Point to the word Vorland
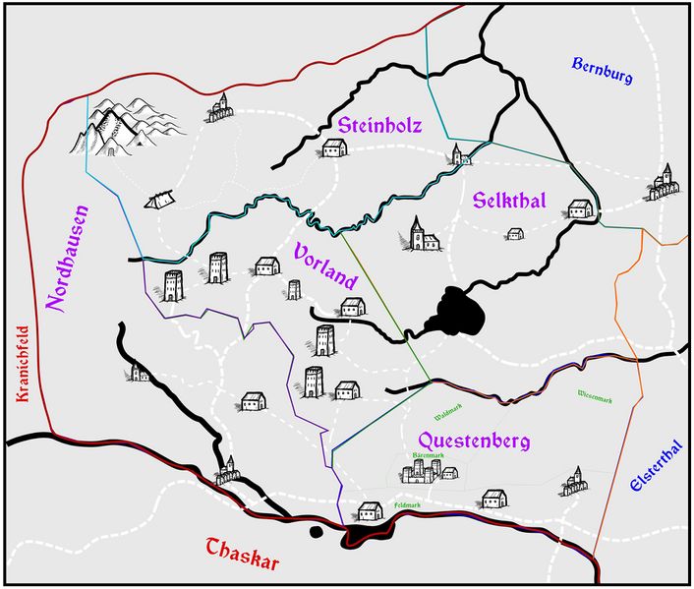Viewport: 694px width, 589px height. coord(325,265)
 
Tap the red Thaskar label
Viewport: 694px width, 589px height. coord(243,555)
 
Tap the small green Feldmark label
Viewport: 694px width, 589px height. coord(408,504)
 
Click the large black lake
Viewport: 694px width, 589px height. coord(456,313)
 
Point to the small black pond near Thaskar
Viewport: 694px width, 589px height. coord(316,533)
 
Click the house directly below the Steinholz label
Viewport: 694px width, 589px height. coord(335,148)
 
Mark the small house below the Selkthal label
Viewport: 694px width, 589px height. coord(514,234)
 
